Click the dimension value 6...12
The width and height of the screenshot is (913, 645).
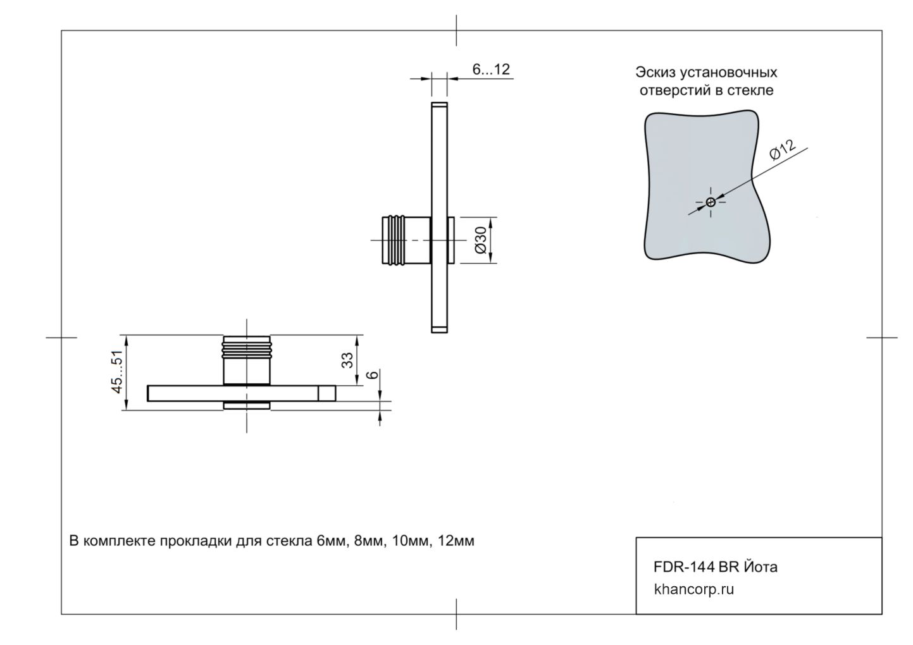click(491, 70)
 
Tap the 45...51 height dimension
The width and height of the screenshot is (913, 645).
click(118, 373)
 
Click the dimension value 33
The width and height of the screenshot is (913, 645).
click(348, 360)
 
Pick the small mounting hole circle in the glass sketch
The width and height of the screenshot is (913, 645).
click(711, 202)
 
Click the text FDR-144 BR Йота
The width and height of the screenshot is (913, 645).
click(715, 567)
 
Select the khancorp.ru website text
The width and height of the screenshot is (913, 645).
click(694, 590)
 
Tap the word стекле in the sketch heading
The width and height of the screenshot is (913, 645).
click(754, 90)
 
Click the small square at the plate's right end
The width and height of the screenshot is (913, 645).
click(326, 393)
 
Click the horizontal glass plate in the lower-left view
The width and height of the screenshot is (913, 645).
click(190, 393)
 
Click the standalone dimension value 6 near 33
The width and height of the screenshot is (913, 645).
click(373, 374)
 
